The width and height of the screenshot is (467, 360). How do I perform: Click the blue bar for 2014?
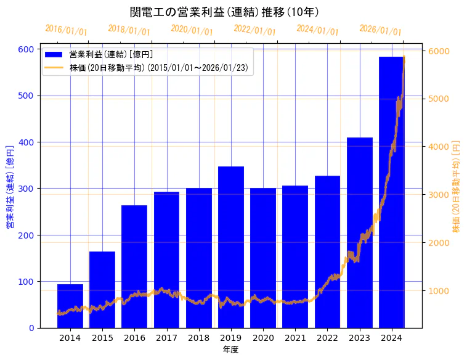pyautogui.click(x=70, y=306)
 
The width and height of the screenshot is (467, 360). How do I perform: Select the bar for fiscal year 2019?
pyautogui.click(x=231, y=247)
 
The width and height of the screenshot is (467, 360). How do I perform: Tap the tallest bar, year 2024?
pyautogui.click(x=392, y=192)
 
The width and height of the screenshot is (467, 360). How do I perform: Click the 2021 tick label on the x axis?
pyautogui.click(x=295, y=338)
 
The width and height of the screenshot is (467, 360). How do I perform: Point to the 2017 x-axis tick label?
pyautogui.click(x=166, y=338)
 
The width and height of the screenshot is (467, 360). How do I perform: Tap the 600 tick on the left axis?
pyautogui.click(x=28, y=49)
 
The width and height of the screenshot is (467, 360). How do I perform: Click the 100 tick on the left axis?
pyautogui.click(x=28, y=282)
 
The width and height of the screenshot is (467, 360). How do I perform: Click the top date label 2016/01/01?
pyautogui.click(x=67, y=30)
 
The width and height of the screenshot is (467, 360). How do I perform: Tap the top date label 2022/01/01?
pyautogui.click(x=254, y=30)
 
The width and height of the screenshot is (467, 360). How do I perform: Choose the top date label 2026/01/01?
pyautogui.click(x=380, y=30)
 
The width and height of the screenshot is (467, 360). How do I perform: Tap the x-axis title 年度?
pyautogui.click(x=230, y=350)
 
